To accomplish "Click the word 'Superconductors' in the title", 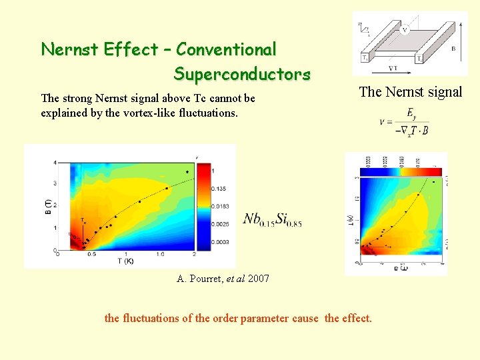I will click(241, 73).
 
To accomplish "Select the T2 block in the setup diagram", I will click(419, 59).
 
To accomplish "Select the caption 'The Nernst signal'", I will click(410, 92).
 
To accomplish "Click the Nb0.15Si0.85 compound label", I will click(272, 219).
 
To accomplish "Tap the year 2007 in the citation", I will click(258, 279).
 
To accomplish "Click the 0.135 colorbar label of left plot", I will click(220, 189).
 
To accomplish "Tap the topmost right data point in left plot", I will click(187, 172).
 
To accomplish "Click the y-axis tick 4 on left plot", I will click(55, 162).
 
